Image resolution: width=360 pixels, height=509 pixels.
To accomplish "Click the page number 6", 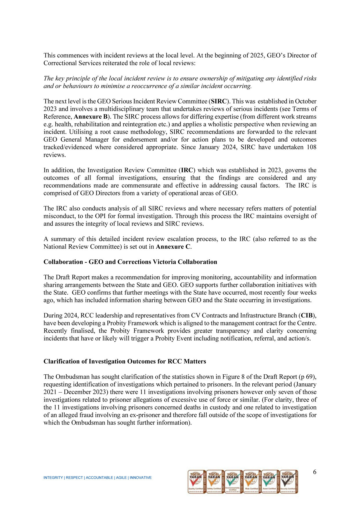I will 315,472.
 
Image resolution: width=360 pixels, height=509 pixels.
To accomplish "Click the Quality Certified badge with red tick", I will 196,482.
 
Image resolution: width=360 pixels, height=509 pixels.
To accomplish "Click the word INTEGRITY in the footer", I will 53,478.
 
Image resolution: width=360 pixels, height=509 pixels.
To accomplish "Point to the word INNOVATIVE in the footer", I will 141,478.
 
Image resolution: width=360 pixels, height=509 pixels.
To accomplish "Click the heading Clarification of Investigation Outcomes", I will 125,361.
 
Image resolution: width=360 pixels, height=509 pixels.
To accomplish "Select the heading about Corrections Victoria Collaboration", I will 130,262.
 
